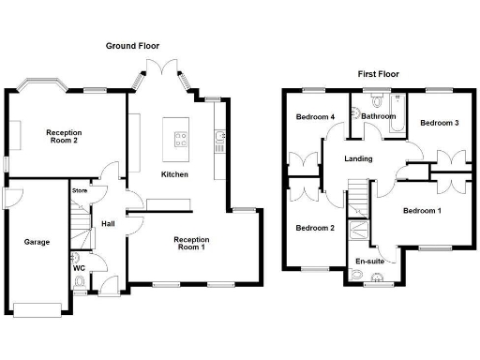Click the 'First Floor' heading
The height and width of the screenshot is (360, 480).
pyautogui.click(x=380, y=73)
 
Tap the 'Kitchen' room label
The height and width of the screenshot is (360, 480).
pyautogui.click(x=174, y=174)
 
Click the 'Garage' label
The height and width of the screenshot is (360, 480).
pyautogui.click(x=37, y=242)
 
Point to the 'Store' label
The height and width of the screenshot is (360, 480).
pyautogui.click(x=80, y=191)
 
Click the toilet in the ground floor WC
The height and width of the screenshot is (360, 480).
pyautogui.click(x=81, y=282)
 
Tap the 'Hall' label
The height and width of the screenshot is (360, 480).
pyautogui.click(x=107, y=224)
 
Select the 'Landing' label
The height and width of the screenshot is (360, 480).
pyautogui.click(x=358, y=158)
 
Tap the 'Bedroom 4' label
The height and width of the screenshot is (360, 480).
pyautogui.click(x=315, y=117)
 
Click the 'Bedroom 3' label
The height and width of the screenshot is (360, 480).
pyautogui.click(x=439, y=123)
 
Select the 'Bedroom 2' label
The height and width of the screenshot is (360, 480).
pyautogui.click(x=315, y=228)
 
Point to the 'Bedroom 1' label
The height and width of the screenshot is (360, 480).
pyautogui.click(x=422, y=211)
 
